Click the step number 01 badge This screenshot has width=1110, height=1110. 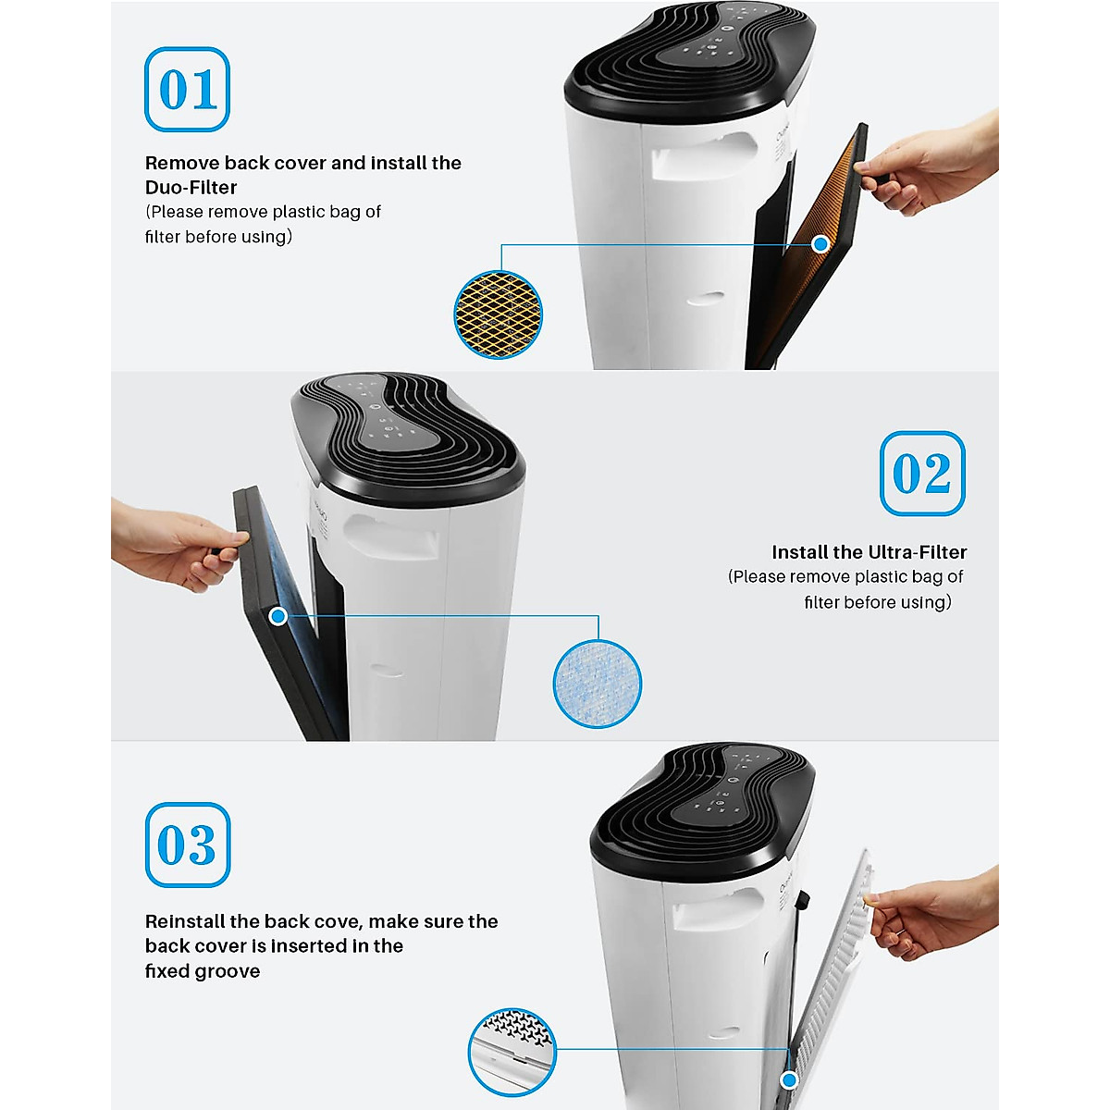click(187, 90)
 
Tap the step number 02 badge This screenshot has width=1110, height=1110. click(921, 474)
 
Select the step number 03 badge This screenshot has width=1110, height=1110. click(187, 845)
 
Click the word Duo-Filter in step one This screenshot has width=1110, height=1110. click(191, 188)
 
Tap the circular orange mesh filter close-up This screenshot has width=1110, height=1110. click(498, 314)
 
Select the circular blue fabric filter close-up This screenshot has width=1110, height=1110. click(597, 683)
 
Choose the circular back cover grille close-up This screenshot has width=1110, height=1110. click(512, 1052)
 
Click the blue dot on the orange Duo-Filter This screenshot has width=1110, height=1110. click(820, 244)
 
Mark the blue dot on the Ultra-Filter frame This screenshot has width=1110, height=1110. click(277, 616)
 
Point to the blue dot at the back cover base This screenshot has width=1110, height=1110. click(789, 1079)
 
